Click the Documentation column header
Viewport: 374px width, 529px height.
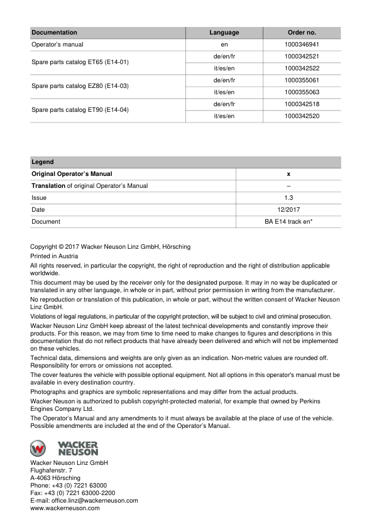coord(55,33)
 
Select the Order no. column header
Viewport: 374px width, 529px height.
coord(302,33)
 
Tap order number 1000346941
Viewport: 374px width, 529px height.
coord(302,45)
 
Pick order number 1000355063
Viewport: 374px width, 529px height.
coord(302,92)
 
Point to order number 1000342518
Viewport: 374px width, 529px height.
coord(302,104)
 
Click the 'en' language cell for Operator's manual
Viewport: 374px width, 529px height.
coord(224,45)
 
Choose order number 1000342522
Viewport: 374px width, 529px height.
coord(302,68)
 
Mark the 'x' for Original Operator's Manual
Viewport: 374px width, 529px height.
coord(289,174)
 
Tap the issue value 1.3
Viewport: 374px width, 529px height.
coord(289,198)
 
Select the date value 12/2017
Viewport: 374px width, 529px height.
coord(289,210)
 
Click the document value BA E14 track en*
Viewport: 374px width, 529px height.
coord(289,222)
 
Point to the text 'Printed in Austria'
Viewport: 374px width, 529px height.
coord(54,256)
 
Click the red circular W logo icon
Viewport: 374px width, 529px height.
coord(39,448)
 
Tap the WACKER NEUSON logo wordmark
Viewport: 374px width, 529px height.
coord(78,448)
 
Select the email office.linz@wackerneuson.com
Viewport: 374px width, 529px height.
coord(84,501)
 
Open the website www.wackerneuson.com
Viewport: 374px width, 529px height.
coord(65,508)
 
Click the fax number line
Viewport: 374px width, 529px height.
coord(73,493)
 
